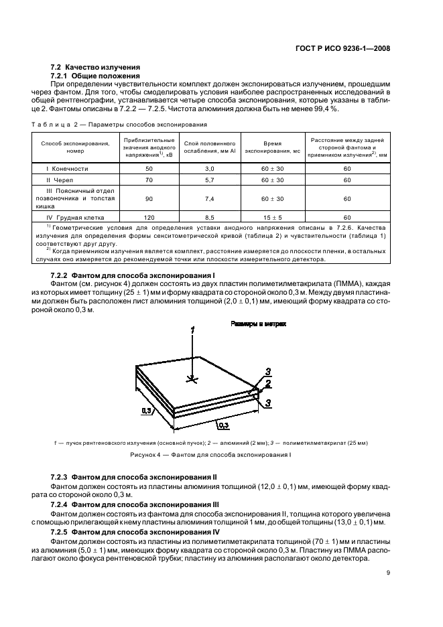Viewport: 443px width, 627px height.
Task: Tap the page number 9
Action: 389,572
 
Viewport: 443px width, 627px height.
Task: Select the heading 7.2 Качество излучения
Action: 95,67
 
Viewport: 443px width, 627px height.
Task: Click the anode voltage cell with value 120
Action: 149,218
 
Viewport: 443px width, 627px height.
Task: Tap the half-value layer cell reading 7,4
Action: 208,199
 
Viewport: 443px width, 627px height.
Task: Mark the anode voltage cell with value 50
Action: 149,169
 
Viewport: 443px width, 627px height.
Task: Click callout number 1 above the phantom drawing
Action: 192,330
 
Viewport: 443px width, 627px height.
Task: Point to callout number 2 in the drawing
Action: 267,384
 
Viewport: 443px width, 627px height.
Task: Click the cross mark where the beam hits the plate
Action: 192,379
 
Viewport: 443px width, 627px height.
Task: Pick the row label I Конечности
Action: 67,169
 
